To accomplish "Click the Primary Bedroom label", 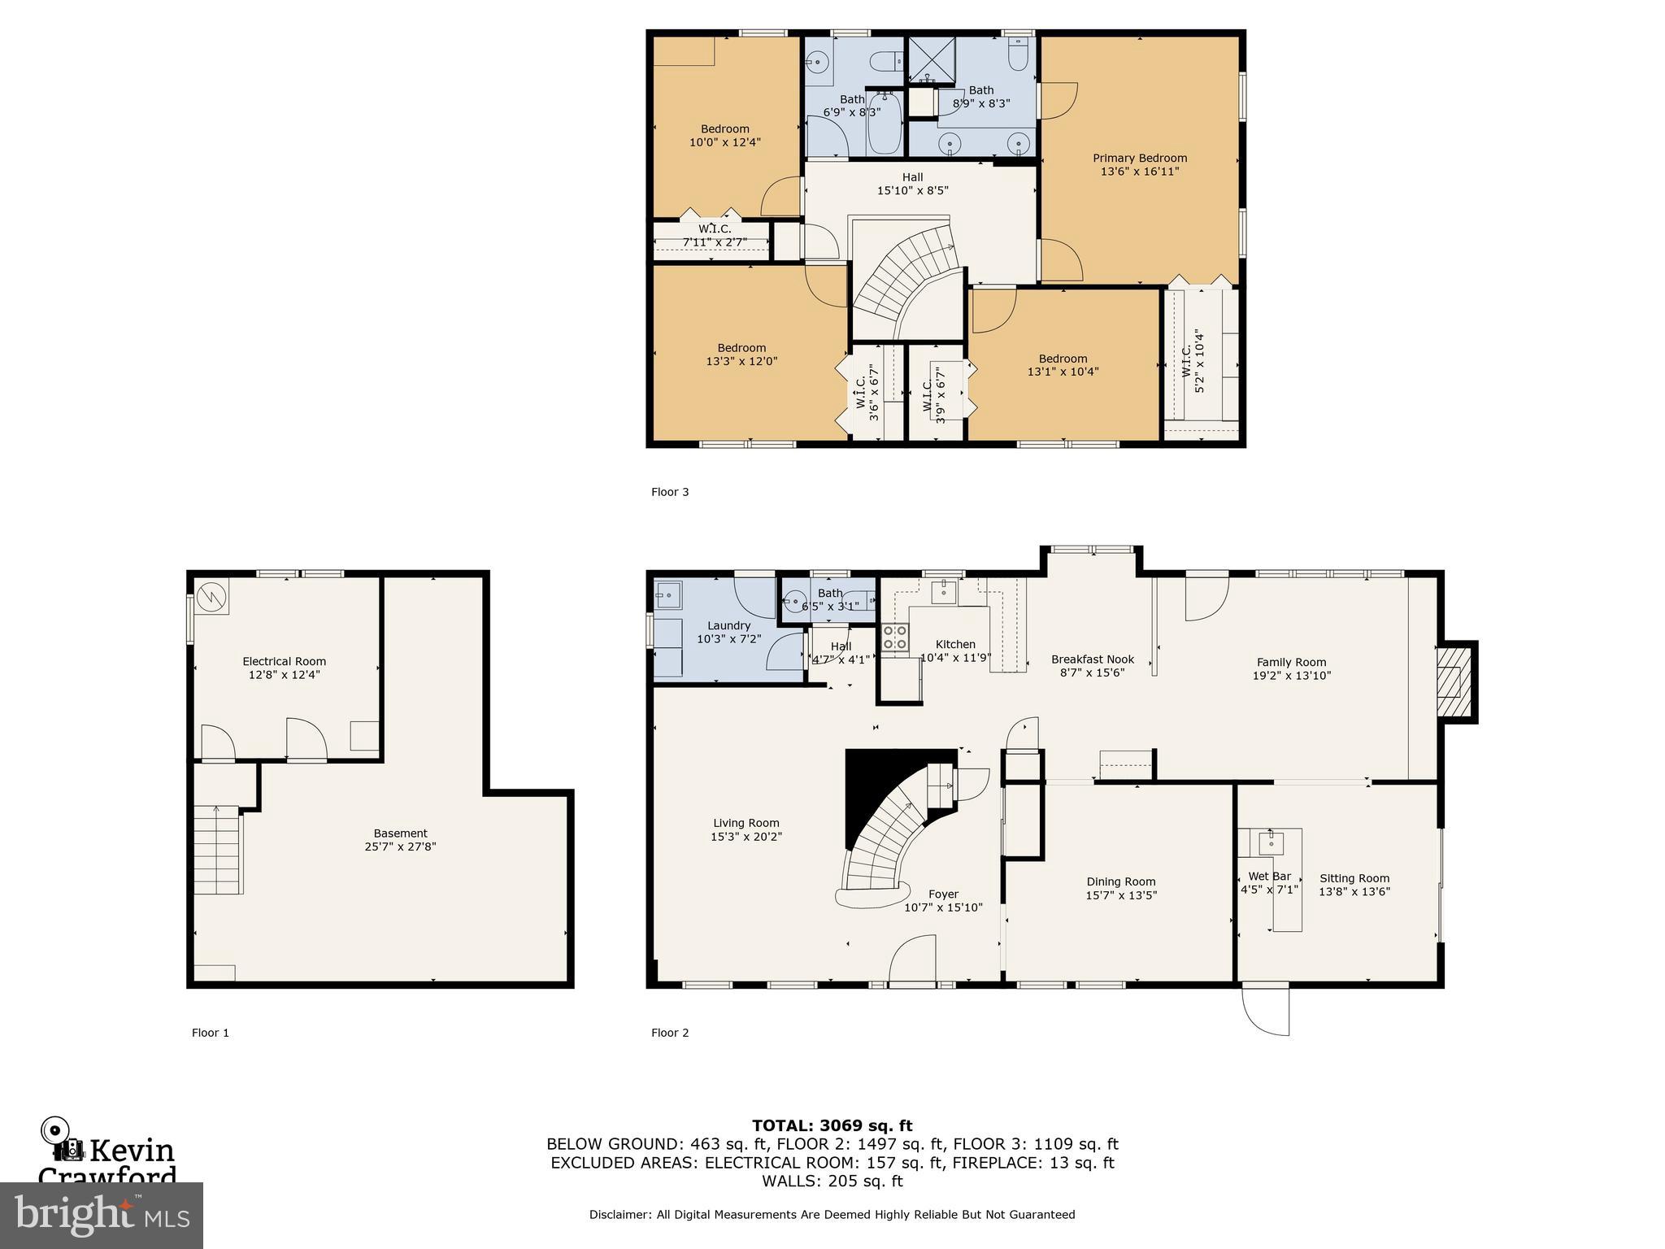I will pyautogui.click(x=1139, y=159).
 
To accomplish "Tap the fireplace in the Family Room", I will pyautogui.click(x=1454, y=681).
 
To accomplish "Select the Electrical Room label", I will pyautogui.click(x=284, y=661).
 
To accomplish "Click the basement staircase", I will pyautogui.click(x=218, y=849).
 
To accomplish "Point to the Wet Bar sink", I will pyautogui.click(x=1271, y=842).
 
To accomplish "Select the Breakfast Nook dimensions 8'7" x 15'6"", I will pyautogui.click(x=1092, y=672).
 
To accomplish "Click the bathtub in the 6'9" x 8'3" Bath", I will pyautogui.click(x=884, y=124).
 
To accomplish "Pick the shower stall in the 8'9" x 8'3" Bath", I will pyautogui.click(x=932, y=60).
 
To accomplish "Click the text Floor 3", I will pyautogui.click(x=670, y=492).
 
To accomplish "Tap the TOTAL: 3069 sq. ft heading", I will pyautogui.click(x=832, y=1125).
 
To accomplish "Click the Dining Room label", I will pyautogui.click(x=1120, y=881).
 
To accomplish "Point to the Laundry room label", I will pyautogui.click(x=728, y=625).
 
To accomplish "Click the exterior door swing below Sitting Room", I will pyautogui.click(x=1267, y=1011).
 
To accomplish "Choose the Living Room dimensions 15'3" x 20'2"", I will pyautogui.click(x=746, y=836).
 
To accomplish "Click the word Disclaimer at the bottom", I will pyautogui.click(x=619, y=1214).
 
